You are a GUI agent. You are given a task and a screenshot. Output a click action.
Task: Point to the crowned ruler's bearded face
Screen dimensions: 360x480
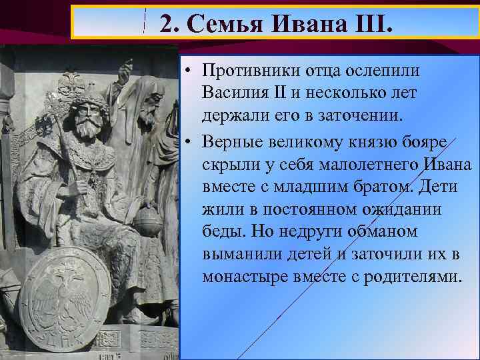click(89, 120)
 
